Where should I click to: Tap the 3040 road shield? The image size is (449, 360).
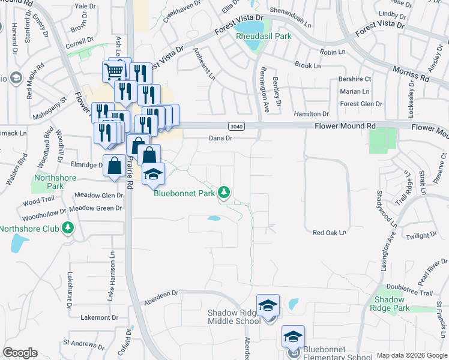(236, 126)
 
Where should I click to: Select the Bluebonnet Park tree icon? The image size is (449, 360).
(224, 192)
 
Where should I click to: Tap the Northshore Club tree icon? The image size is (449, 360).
(68, 228)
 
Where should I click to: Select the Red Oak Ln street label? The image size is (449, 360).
(330, 232)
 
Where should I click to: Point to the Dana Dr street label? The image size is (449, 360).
(220, 138)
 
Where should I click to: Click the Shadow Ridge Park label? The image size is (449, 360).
(392, 304)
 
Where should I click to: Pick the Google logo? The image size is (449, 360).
(20, 353)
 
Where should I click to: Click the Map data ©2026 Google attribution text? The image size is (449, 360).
(411, 355)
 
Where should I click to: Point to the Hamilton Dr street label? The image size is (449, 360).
(312, 113)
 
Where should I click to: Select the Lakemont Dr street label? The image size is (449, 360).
(99, 317)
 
